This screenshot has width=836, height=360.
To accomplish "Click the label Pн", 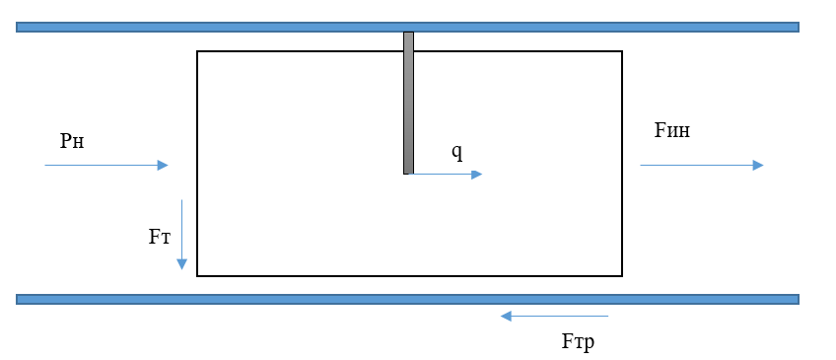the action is pos(72,141).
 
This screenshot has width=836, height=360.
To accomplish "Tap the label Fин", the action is pos(671,130).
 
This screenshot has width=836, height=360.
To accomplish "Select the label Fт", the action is pos(160,237).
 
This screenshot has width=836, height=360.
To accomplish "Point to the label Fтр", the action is pos(578,342).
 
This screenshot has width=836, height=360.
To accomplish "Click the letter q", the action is pos(456,153).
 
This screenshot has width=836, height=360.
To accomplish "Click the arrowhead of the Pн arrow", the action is pos(163,166).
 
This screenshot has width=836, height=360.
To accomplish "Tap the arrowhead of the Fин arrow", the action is pos(758,166).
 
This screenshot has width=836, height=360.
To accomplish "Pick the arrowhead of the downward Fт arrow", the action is pos(181,264).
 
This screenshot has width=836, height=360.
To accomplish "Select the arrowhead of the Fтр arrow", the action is pos(506,317).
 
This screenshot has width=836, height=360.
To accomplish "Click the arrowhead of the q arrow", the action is pos(476,175).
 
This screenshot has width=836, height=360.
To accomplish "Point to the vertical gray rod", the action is pos(408,103).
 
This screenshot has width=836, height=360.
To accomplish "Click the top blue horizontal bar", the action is pos(407,28).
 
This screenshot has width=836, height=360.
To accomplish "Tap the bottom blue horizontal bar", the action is pos(407,299).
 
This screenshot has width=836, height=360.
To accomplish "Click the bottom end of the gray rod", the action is pos(408,174).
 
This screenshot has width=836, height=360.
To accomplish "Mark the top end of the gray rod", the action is pos(408,32).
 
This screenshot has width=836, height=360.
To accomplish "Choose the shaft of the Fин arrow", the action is pos(696,166).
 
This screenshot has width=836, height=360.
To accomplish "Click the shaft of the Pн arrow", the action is pos(101,166).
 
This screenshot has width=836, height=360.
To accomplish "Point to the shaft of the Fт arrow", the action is pos(181,230).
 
